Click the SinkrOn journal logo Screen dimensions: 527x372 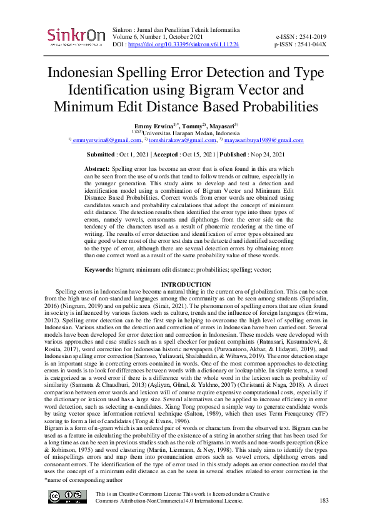coord(76,37)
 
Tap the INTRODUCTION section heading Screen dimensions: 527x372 coord(186,285)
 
